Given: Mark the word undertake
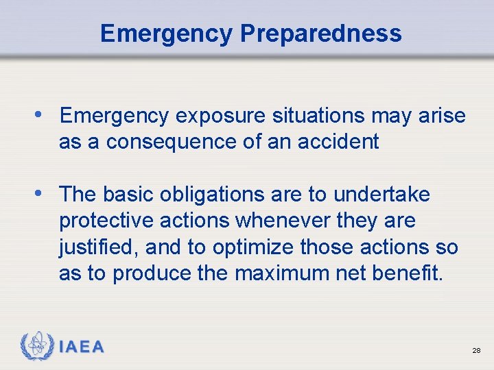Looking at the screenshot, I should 382,195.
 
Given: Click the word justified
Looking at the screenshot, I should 89,247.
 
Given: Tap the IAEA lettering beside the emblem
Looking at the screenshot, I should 82,347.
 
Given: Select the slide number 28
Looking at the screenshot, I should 475,350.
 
